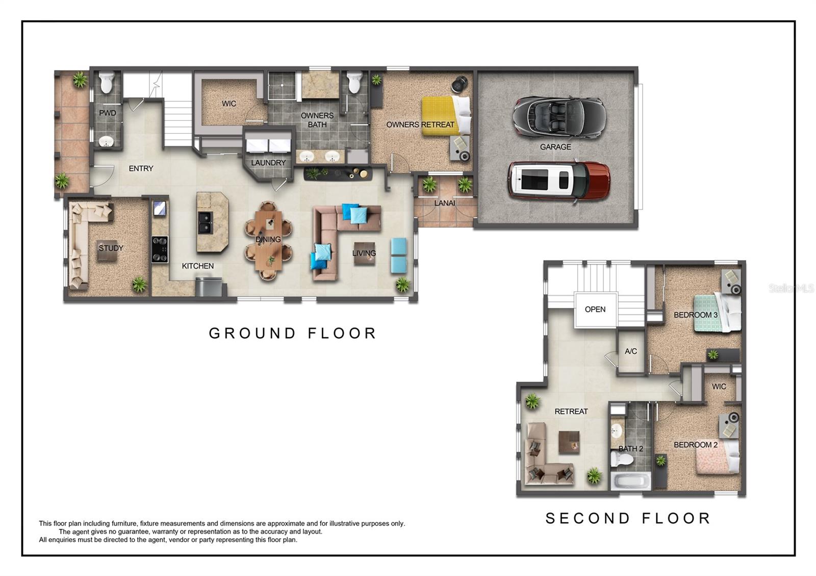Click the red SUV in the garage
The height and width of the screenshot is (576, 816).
coord(558,180)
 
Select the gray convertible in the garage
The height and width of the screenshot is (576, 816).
coord(559,117)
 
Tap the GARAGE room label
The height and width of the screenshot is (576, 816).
coord(555,147)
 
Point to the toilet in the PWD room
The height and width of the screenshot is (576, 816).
coord(107,83)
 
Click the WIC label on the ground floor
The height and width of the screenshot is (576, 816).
coord(229,103)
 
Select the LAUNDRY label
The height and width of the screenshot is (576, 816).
coord(268,163)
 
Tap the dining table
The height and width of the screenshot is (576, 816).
coord(268,240)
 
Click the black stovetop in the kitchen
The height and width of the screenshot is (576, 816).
coord(160,249)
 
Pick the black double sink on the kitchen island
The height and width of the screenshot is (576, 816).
coord(206,222)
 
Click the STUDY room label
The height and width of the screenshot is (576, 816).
coord(111,248)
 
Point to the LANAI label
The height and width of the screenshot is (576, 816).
coord(445,203)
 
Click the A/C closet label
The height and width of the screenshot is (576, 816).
coord(631,351)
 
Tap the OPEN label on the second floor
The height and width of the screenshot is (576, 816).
coord(595,309)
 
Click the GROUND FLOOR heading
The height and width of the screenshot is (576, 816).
coord(293,333)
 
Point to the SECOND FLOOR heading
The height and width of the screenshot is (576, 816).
coord(628,518)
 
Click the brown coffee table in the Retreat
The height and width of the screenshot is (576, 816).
coord(569,442)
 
